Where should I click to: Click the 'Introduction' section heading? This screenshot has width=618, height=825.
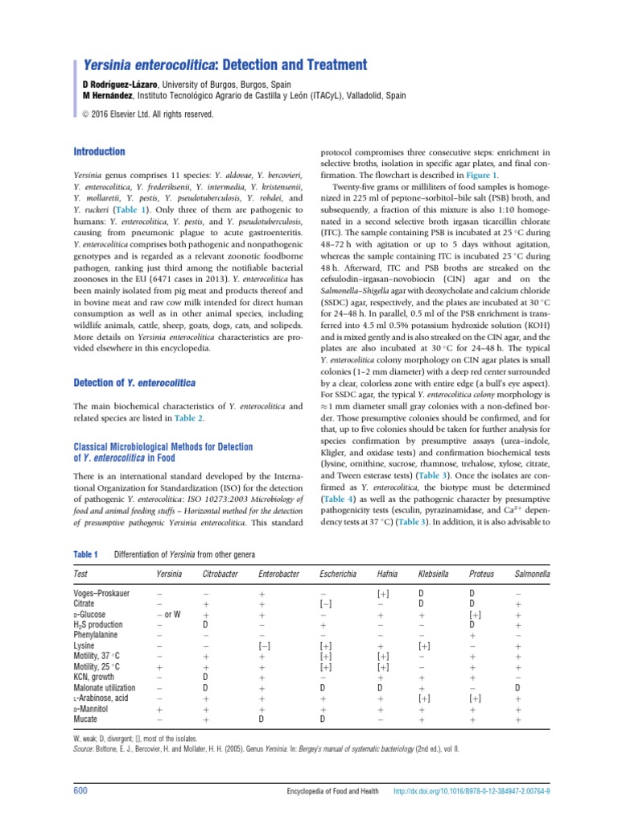pos(100,151)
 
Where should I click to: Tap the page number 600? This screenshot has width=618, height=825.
pos(80,791)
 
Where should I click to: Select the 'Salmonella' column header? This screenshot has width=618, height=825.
pos(532,574)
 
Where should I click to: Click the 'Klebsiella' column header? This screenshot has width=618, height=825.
pos(435,574)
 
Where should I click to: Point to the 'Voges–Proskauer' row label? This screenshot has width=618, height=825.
pos(101,592)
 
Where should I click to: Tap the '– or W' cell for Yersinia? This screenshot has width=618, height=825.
pos(169,613)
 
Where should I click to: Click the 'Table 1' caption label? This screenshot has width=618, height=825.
pos(85,554)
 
